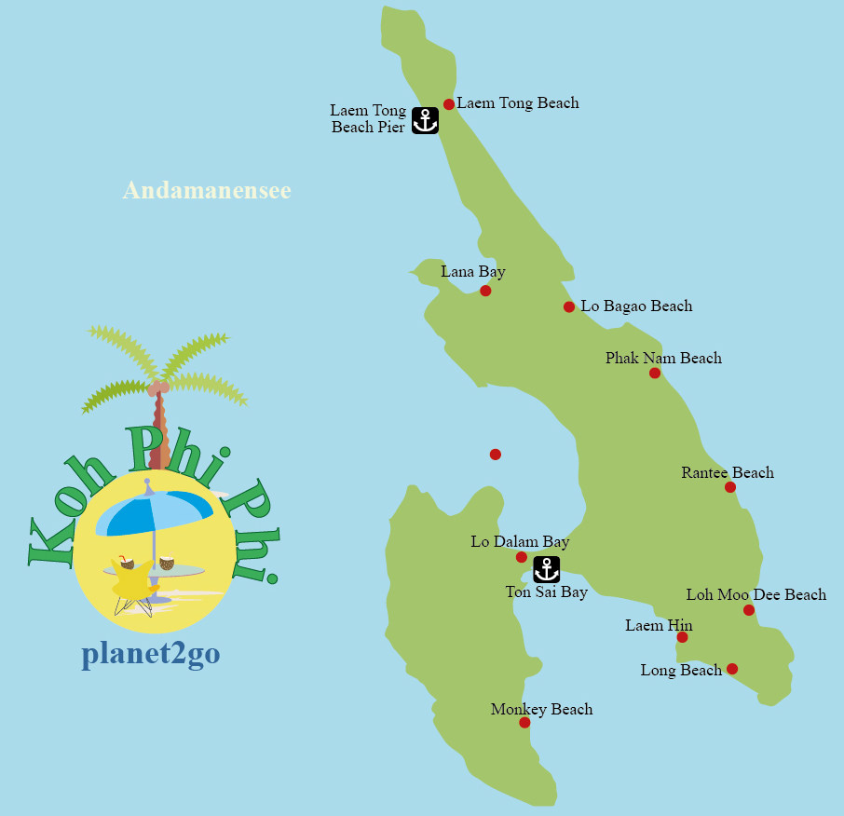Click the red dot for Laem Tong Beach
coord(449,104)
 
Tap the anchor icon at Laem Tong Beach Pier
coord(425,120)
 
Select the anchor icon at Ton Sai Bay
coord(546,569)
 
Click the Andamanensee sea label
coord(207,191)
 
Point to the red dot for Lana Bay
coord(485,291)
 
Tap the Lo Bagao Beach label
coord(636,306)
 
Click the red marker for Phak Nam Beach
coord(655,373)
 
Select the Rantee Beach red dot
coord(730,487)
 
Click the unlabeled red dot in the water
coord(496,455)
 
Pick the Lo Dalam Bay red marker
coord(522,557)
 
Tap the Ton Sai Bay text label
coord(546,592)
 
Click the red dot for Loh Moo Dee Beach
coord(749,610)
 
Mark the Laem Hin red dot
coord(682,637)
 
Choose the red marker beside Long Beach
coord(732,669)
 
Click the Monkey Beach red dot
coord(524,722)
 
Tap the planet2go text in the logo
coord(151,654)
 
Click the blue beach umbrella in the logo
coord(154,512)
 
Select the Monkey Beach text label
coord(541,709)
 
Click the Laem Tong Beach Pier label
coord(369,118)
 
